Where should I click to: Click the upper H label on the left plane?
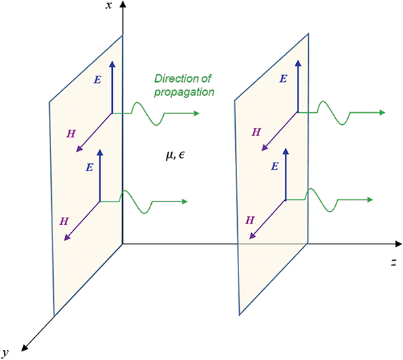tap(71, 134)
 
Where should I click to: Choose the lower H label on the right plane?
tap(249, 220)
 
